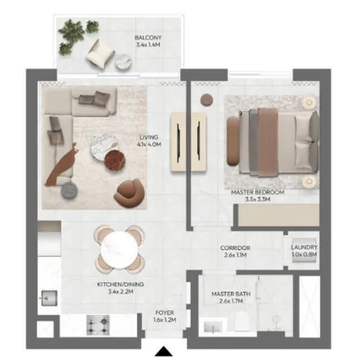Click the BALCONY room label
(148, 40)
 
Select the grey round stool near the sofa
(69, 189)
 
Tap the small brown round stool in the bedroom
(207, 99)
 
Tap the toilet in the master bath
(246, 328)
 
